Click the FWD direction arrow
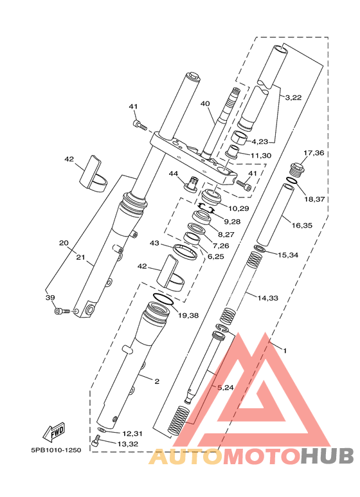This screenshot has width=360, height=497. coord(54,432)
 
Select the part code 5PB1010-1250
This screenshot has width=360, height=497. coord(56,450)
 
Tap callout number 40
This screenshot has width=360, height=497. coord(205,104)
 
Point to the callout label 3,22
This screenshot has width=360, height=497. coord(293,98)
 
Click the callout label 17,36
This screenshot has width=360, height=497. coord(314,153)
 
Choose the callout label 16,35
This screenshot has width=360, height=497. coord(302,226)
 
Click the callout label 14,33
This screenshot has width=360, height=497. coord(268,298)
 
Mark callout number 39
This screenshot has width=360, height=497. coord(50,297)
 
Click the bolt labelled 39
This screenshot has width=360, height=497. coord(62,312)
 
